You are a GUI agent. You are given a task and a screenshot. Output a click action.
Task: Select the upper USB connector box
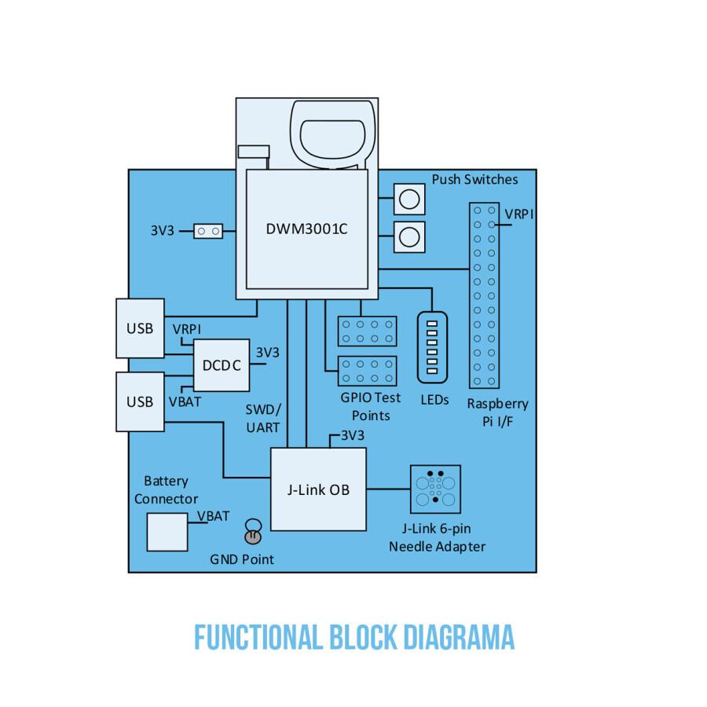tap(140, 328)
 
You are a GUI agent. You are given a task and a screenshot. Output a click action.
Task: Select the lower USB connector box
tap(140, 401)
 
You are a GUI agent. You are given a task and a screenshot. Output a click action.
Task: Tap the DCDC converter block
tap(222, 365)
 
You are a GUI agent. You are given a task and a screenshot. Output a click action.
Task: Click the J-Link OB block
tap(318, 489)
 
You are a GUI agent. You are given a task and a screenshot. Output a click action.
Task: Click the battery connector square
tap(167, 532)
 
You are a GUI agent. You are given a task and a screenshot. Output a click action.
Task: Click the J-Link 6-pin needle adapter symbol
tap(435, 489)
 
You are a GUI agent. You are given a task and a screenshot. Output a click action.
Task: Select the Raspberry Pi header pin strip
tap(482, 295)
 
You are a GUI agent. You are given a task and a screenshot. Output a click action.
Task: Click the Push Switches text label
tap(474, 179)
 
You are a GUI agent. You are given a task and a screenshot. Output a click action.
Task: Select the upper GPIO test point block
tap(367, 331)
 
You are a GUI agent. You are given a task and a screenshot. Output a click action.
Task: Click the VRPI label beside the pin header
tap(519, 214)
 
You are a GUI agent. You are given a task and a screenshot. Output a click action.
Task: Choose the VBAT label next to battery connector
tap(213, 516)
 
